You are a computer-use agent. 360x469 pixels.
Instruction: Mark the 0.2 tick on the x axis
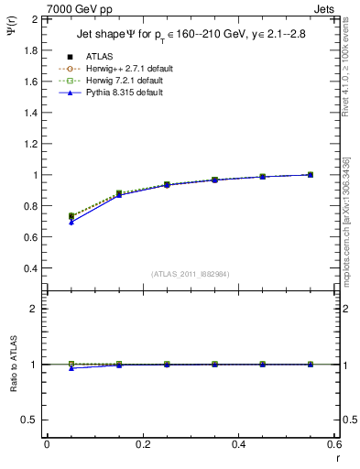(142, 444)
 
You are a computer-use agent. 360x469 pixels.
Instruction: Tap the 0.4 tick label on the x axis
(238, 444)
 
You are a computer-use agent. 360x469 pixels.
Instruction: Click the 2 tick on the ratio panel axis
(35, 309)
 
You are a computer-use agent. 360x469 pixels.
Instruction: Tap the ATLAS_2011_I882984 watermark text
(191, 274)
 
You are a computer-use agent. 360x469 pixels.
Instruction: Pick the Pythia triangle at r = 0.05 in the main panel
(71, 223)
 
